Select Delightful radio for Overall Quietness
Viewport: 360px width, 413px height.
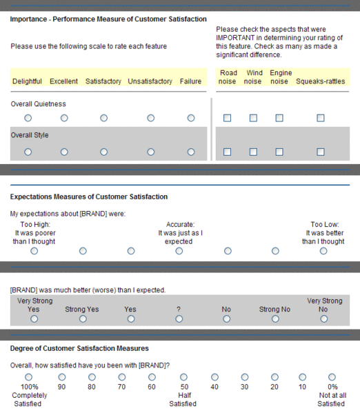[28, 118]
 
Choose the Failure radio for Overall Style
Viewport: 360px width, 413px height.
[191, 152]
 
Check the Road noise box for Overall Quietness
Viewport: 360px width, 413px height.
[227, 118]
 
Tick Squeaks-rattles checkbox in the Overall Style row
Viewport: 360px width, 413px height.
[321, 152]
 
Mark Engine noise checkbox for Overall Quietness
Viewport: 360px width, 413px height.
[279, 118]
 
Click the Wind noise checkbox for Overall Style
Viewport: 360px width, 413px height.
[253, 152]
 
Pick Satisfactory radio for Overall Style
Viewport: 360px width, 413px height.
[104, 152]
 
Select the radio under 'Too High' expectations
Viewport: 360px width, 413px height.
[34, 251]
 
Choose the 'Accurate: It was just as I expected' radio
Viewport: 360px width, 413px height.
[179, 251]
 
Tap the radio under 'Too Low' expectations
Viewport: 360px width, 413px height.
[323, 251]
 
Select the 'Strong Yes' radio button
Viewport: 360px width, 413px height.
[83, 319]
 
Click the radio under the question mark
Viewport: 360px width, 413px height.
[179, 319]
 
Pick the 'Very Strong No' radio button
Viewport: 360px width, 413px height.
[323, 319]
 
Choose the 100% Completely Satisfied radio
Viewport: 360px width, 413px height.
[28, 377]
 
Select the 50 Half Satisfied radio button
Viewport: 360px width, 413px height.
[183, 377]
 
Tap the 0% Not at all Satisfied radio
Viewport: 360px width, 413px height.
[332, 377]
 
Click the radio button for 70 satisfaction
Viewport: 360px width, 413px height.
[122, 377]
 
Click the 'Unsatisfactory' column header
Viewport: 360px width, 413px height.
[150, 81]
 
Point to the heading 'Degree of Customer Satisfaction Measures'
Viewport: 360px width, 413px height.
[79, 348]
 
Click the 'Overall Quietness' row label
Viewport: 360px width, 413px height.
[38, 104]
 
